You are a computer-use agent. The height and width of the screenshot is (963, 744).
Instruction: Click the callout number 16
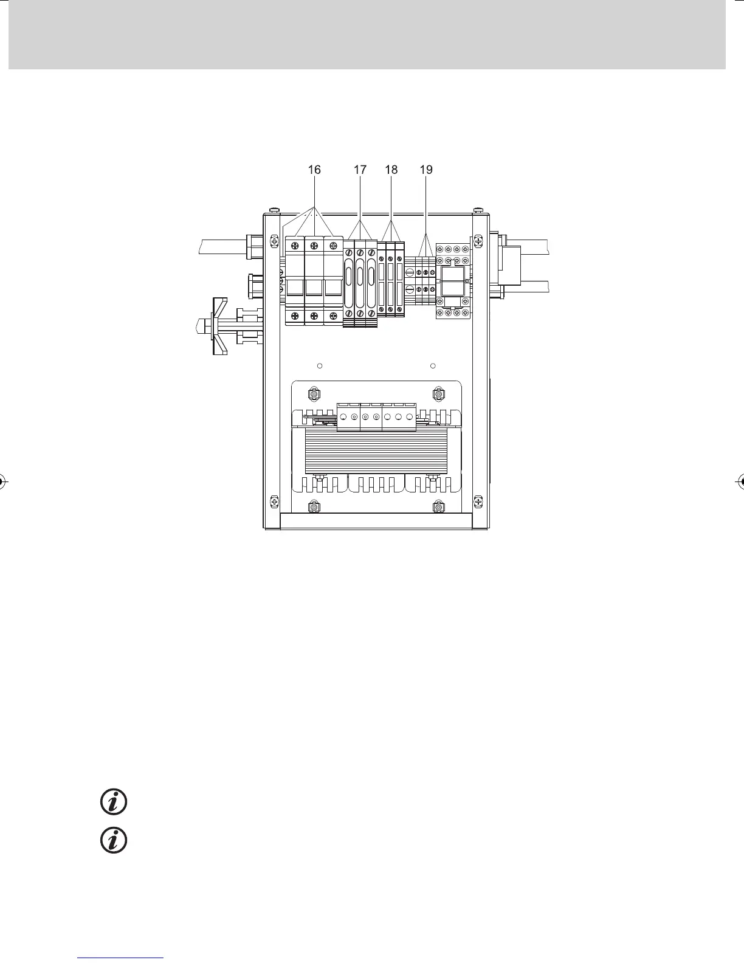[x=314, y=170]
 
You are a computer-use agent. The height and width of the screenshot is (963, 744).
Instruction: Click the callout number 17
[x=360, y=170]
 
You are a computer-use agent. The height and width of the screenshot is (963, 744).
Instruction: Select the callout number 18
[x=391, y=170]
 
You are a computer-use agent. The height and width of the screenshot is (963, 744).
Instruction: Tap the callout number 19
[x=426, y=170]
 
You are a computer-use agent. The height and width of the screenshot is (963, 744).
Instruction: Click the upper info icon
[x=114, y=802]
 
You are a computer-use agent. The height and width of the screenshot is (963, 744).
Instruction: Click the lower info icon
[x=114, y=840]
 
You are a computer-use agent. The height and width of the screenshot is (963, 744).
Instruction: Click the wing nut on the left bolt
[x=220, y=326]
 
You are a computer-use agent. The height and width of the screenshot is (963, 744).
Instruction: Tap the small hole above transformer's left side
[x=320, y=365]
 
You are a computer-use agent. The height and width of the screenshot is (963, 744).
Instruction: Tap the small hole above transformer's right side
[x=433, y=365]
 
